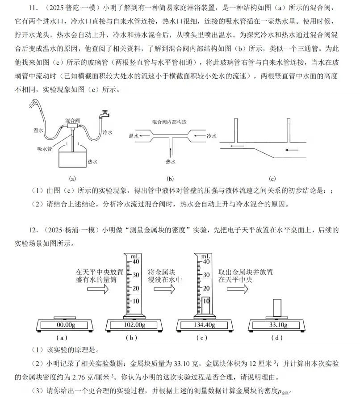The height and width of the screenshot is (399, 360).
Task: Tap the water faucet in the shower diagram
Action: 105,113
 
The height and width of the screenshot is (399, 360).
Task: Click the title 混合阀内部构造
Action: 169,121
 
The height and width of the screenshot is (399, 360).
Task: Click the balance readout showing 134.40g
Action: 203,325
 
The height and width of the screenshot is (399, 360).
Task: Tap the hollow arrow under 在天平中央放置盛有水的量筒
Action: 99,289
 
